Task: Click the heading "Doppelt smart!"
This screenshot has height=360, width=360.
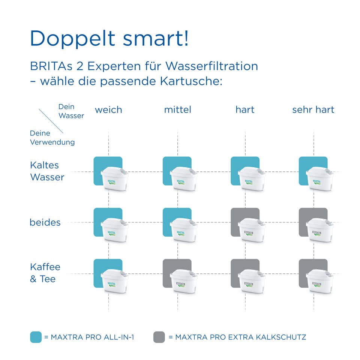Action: [x=109, y=39]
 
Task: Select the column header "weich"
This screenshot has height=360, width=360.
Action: [x=108, y=110]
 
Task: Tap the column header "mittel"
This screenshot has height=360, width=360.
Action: [x=178, y=110]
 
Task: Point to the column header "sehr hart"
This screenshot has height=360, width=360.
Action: [x=313, y=110]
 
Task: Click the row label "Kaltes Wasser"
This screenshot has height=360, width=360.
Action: [x=47, y=171]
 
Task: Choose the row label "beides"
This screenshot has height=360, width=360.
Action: [x=45, y=222]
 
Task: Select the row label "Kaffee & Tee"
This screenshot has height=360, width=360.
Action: [x=45, y=273]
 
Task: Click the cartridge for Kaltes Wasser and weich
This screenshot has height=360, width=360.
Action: [x=114, y=178]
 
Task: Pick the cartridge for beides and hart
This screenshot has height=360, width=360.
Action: [x=251, y=230]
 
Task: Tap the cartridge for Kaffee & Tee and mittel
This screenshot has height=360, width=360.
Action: [x=183, y=281]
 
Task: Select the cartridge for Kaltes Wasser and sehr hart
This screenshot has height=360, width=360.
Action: [x=319, y=178]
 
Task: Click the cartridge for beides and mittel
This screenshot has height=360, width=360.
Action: [x=183, y=230]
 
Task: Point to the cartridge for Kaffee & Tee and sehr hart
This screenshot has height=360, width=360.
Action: [x=319, y=281]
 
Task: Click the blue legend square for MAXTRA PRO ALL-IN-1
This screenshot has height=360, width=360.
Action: [x=36, y=337]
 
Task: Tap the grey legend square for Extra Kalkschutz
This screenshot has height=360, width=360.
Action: [x=159, y=337]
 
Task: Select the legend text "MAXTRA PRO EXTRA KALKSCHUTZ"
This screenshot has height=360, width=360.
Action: [x=241, y=337]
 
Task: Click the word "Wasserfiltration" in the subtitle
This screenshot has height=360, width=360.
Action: [x=211, y=66]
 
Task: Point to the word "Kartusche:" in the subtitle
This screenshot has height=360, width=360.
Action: [x=191, y=81]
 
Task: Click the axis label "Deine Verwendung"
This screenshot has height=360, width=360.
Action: [x=52, y=138]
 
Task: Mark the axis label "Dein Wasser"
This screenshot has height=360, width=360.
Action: [x=71, y=111]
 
